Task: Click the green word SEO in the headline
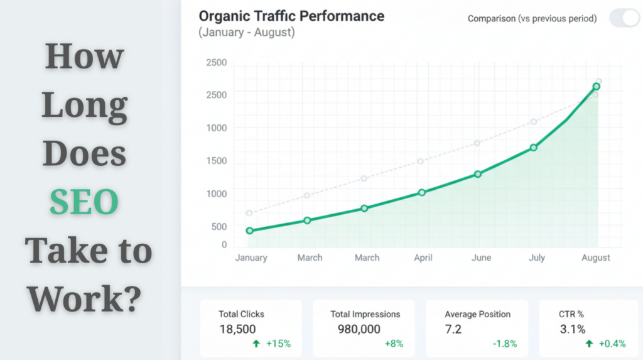click(84, 202)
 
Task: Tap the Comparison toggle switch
click(624, 18)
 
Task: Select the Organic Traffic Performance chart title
click(291, 16)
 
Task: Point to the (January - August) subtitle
click(246, 32)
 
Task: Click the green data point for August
click(596, 87)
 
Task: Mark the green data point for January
click(249, 231)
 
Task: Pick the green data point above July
click(533, 148)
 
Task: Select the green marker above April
click(421, 192)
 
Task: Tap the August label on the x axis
click(595, 258)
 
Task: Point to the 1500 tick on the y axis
click(217, 161)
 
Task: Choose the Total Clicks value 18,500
click(237, 329)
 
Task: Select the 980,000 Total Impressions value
click(359, 329)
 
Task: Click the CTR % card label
click(573, 314)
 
